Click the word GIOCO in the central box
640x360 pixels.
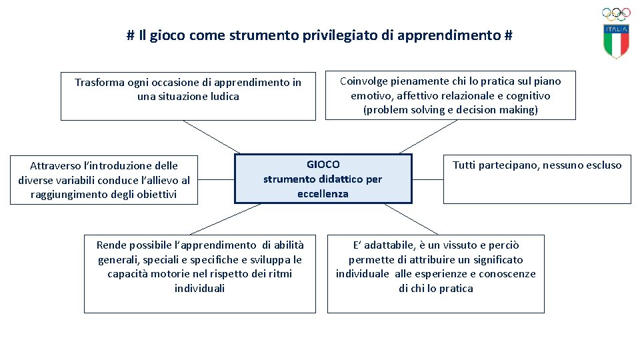[323, 164]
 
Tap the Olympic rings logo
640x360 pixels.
[616, 14]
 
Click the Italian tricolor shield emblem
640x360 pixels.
[617, 41]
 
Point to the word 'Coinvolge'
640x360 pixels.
[365, 81]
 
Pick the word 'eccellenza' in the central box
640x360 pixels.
[323, 193]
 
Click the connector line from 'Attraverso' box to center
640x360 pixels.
[217, 179]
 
